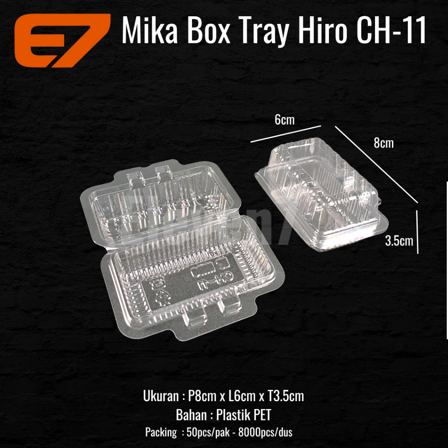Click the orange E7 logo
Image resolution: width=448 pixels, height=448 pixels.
(61, 40)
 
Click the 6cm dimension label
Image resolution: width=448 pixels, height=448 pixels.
(284, 119)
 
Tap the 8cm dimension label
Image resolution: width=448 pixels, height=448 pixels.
(384, 143)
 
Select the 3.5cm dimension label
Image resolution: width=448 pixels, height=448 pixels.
(399, 240)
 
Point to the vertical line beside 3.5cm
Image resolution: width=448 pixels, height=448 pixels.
(418, 231)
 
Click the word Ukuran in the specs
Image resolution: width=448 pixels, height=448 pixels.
(160, 397)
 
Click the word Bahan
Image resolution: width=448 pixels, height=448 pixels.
(191, 415)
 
